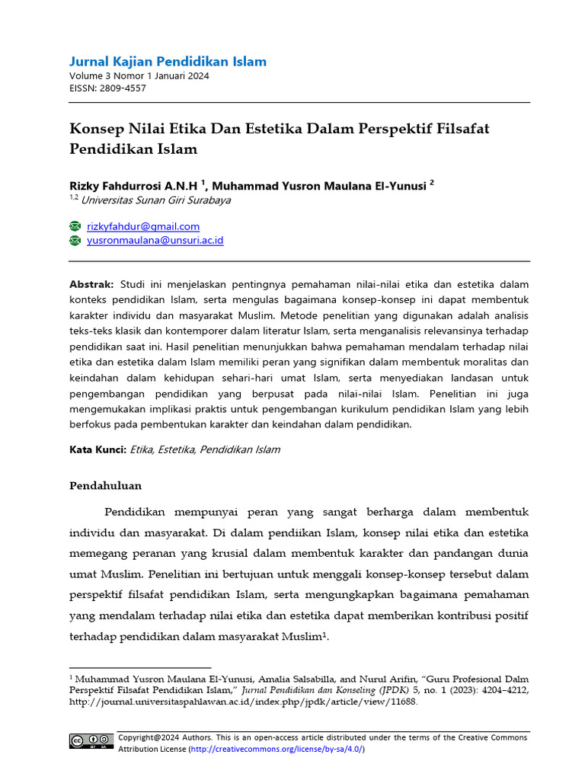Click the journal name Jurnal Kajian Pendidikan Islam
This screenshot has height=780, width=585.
point(168,62)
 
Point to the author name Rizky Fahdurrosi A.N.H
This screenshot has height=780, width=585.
point(133,186)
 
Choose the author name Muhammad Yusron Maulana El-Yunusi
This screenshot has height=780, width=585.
point(318,186)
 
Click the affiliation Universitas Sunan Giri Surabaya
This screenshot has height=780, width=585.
point(156,200)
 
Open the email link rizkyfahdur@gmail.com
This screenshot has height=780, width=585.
point(143,226)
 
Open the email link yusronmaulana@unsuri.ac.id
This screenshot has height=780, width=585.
point(155,240)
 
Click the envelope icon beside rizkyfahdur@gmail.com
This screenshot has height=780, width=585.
point(75,226)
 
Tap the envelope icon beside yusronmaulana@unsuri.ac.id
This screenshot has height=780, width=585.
point(75,240)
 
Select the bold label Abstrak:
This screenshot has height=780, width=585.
point(91,283)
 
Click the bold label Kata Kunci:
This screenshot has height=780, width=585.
point(97,449)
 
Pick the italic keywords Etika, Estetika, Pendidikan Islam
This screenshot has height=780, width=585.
point(205,449)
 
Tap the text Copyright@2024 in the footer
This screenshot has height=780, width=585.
point(149,737)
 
